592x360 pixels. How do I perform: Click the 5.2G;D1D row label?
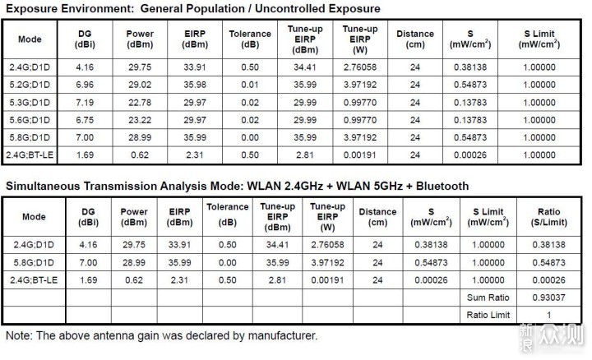coord(30,85)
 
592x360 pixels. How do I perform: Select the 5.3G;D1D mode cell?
coord(30,103)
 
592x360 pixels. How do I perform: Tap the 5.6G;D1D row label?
coord(30,120)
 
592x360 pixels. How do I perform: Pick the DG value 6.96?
coord(85,85)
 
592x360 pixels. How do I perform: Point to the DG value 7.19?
coord(85,103)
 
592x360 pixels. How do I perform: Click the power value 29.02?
coord(140,85)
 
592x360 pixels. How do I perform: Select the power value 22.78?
coord(140,103)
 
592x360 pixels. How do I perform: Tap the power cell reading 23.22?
coord(140,120)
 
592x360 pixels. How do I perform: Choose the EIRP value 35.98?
coord(195,85)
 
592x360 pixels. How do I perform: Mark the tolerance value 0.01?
coord(250,85)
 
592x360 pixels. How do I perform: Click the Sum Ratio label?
coord(488,298)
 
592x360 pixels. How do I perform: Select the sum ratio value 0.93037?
coord(548,298)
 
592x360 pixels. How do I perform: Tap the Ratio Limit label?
coord(488,315)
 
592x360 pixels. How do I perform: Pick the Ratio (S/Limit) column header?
coord(548,217)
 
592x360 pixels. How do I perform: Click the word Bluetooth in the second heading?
coord(442,186)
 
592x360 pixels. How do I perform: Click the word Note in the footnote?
coord(18,335)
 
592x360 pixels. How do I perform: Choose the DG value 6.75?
coord(85,120)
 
